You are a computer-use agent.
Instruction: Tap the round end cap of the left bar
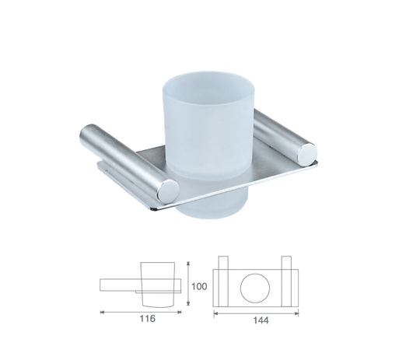pyautogui.click(x=169, y=191)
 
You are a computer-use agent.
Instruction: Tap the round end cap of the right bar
pyautogui.click(x=306, y=153)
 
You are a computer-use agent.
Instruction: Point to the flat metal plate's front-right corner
pyautogui.click(x=317, y=162)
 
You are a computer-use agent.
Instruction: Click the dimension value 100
pyautogui.click(x=199, y=286)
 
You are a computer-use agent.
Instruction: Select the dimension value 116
pyautogui.click(x=148, y=319)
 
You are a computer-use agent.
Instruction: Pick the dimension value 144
pyautogui.click(x=261, y=320)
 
